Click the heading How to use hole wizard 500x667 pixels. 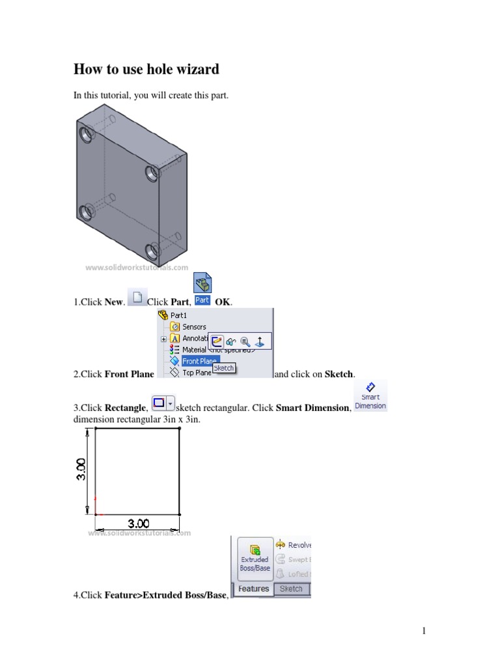146,69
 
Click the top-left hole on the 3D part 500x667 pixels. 85,135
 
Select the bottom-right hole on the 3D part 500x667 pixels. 152,251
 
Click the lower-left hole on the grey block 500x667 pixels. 85,212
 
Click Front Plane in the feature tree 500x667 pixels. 200,360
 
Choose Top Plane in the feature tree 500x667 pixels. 196,373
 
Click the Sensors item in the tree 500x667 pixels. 194,327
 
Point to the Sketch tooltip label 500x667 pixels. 224,368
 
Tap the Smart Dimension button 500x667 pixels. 370,397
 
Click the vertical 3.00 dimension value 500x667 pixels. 79,470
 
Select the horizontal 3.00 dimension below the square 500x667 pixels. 138,523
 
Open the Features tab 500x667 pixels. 253,589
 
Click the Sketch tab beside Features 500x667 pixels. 291,589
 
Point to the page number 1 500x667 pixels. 423,631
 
